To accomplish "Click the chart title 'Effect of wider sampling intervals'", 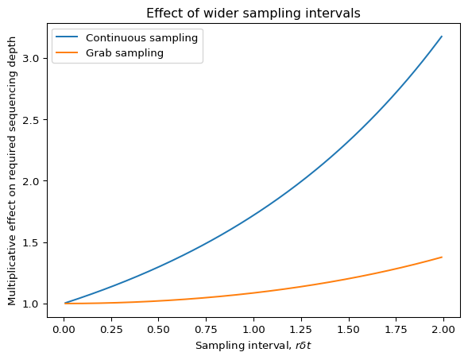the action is click(x=253, y=14).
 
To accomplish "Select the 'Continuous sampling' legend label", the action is click(x=141, y=38).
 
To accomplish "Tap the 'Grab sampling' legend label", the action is click(x=125, y=52).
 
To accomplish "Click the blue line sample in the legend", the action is click(x=67, y=37).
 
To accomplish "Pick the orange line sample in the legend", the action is click(x=67, y=52).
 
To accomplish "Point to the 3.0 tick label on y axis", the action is click(x=31, y=58).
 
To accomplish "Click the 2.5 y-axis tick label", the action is click(x=31, y=119).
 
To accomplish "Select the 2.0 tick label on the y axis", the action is click(x=31, y=181).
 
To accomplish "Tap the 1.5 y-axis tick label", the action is click(x=31, y=242).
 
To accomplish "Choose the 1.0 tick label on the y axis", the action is click(x=31, y=304).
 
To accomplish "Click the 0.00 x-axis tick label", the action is click(x=64, y=330).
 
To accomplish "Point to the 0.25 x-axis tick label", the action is click(x=111, y=330).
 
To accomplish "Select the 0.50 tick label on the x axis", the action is click(x=159, y=330).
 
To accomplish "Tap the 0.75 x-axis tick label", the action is click(x=207, y=330).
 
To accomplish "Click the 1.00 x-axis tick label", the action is click(x=253, y=330).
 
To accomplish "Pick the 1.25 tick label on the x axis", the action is click(x=301, y=330).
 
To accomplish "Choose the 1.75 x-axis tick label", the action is click(x=396, y=330).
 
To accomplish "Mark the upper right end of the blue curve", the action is click(x=442, y=36).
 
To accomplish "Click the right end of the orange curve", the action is click(x=442, y=257).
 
